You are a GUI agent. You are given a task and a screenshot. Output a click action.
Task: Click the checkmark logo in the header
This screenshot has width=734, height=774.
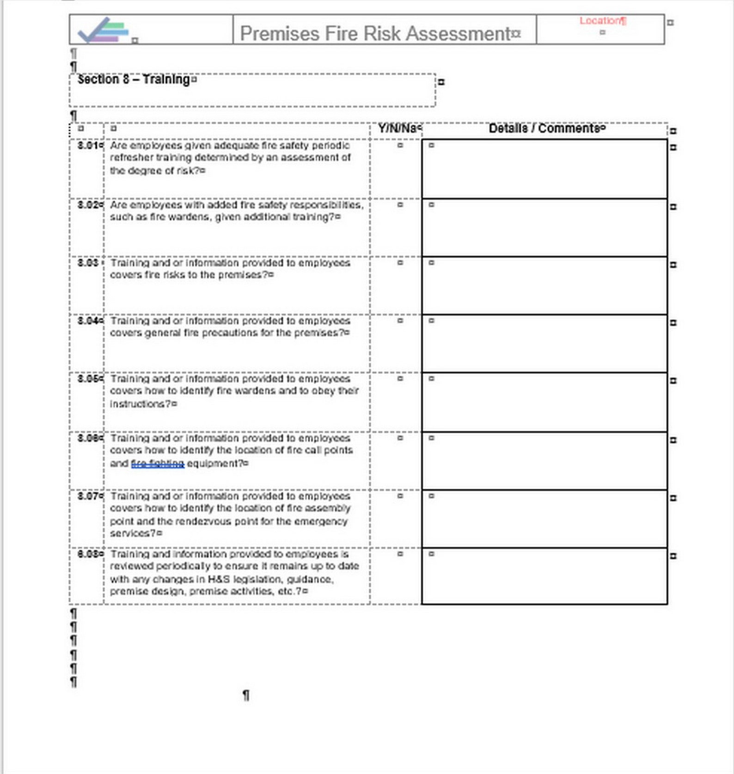pyautogui.click(x=103, y=30)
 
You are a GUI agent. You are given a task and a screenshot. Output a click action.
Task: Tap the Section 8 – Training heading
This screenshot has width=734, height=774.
pyautogui.click(x=134, y=79)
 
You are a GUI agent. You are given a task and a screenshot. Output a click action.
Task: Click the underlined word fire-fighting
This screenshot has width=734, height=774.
pyautogui.click(x=158, y=464)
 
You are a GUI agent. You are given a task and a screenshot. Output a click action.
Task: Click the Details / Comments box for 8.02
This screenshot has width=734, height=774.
pyautogui.click(x=544, y=228)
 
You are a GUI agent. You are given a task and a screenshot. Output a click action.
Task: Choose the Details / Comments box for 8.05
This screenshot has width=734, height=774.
pyautogui.click(x=544, y=402)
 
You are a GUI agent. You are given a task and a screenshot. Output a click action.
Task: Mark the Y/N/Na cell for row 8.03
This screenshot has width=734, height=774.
pyautogui.click(x=399, y=263)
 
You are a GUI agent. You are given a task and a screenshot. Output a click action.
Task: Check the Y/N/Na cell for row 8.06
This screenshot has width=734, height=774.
pyautogui.click(x=399, y=438)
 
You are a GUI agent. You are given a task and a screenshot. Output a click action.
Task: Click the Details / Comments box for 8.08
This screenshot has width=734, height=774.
pyautogui.click(x=544, y=576)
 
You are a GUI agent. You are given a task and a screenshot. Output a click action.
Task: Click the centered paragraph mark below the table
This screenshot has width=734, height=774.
pyautogui.click(x=246, y=695)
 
